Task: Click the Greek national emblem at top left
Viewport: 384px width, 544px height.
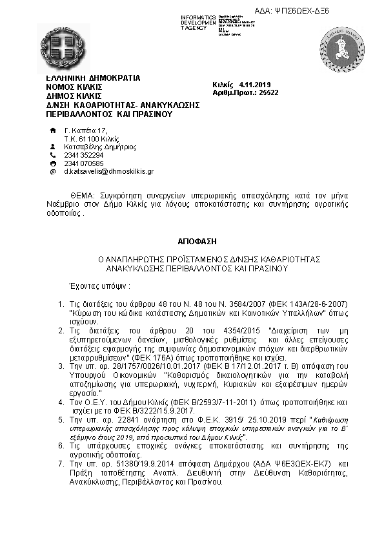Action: coord(63,48)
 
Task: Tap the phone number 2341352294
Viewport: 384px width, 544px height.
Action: coord(83,155)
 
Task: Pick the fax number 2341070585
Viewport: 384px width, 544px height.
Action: coord(83,163)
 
